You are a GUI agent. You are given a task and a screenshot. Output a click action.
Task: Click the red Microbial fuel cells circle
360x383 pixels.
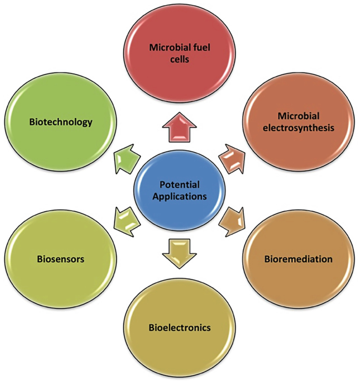pyautogui.click(x=180, y=53)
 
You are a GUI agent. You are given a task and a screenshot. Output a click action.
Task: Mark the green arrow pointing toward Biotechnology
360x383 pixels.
pyautogui.click(x=126, y=158)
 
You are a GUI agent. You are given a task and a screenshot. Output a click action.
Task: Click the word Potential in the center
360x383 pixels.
pyautogui.click(x=180, y=184)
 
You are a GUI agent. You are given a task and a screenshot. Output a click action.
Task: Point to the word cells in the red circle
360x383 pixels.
pyautogui.click(x=180, y=60)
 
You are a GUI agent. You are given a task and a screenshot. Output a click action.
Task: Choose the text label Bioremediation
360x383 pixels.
pyautogui.click(x=298, y=259)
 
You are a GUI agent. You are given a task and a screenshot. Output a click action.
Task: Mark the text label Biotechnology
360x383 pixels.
pyautogui.click(x=61, y=122)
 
